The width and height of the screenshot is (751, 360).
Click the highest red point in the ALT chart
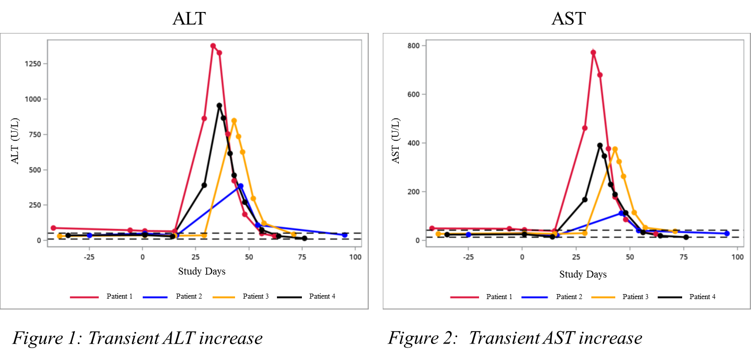(x=213, y=46)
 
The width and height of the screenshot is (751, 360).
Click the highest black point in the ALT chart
(x=219, y=105)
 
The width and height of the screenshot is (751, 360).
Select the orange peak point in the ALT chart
(x=234, y=120)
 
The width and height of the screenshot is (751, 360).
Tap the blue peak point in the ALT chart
(x=241, y=186)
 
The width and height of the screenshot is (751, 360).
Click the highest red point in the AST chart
(x=593, y=52)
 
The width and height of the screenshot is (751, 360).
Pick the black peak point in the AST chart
(x=600, y=146)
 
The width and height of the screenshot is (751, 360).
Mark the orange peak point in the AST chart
(x=615, y=149)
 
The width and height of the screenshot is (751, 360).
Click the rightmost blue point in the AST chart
(x=727, y=234)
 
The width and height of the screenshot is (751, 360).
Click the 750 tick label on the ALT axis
(x=36, y=134)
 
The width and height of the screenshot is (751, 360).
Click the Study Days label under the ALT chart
(x=202, y=272)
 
